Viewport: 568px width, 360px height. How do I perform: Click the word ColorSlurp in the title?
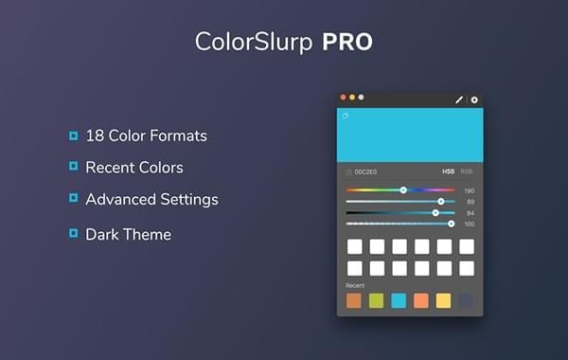click(255, 42)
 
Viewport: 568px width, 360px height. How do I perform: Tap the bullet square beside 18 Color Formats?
click(73, 135)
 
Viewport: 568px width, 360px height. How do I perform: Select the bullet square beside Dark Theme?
click(73, 232)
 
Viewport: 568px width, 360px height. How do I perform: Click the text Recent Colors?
click(134, 168)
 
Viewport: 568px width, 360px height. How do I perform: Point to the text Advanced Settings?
click(151, 200)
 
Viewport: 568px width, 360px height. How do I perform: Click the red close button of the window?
click(344, 97)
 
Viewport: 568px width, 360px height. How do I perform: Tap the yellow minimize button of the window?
click(352, 97)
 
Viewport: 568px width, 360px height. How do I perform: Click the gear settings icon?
click(474, 99)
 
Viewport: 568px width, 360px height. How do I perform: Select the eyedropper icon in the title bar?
click(459, 99)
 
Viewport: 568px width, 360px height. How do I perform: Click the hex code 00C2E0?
click(365, 171)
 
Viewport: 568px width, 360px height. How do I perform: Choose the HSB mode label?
click(448, 171)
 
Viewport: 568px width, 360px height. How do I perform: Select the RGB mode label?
click(466, 171)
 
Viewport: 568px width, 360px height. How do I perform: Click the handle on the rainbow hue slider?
click(403, 190)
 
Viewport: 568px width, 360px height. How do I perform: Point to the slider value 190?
click(469, 190)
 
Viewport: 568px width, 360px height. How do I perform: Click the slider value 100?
click(469, 225)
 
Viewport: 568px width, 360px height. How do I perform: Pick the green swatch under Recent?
click(376, 301)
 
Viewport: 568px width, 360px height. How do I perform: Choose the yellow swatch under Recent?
click(443, 301)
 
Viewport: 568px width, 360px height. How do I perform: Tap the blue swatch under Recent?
click(399, 301)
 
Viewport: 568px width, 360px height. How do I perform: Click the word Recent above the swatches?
click(355, 284)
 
